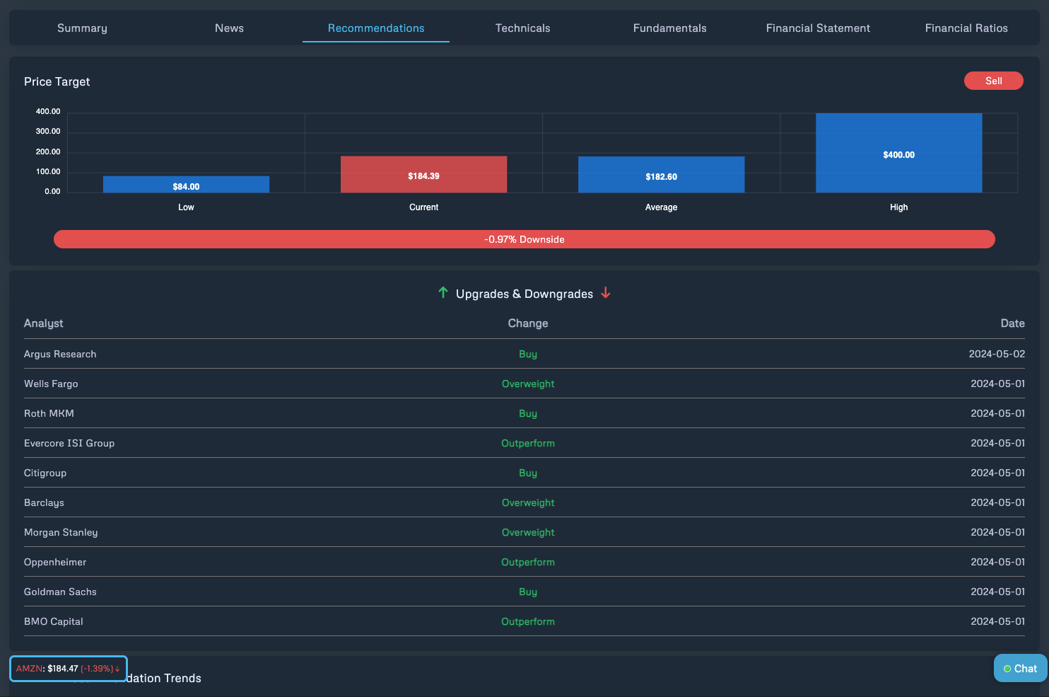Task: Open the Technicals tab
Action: pos(522,28)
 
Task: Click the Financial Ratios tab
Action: pos(966,28)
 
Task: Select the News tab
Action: pos(229,28)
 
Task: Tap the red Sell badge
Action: pos(993,81)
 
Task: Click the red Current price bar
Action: pos(423,174)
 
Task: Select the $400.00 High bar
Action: pos(898,153)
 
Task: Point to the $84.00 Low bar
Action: pos(186,185)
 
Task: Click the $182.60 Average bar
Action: pos(661,175)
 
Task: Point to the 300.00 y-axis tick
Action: pos(48,132)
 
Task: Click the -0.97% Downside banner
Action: pos(524,239)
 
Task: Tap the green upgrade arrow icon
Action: pos(443,293)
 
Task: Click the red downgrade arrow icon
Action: pos(606,293)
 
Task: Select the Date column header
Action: pos(1012,323)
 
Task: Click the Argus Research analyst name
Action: pos(60,354)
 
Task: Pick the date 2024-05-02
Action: pos(997,354)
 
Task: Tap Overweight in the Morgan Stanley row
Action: pos(528,532)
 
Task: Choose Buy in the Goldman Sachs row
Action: pos(528,592)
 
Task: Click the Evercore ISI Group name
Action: pos(69,443)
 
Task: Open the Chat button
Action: pos(1020,669)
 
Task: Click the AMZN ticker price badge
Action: pos(68,669)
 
